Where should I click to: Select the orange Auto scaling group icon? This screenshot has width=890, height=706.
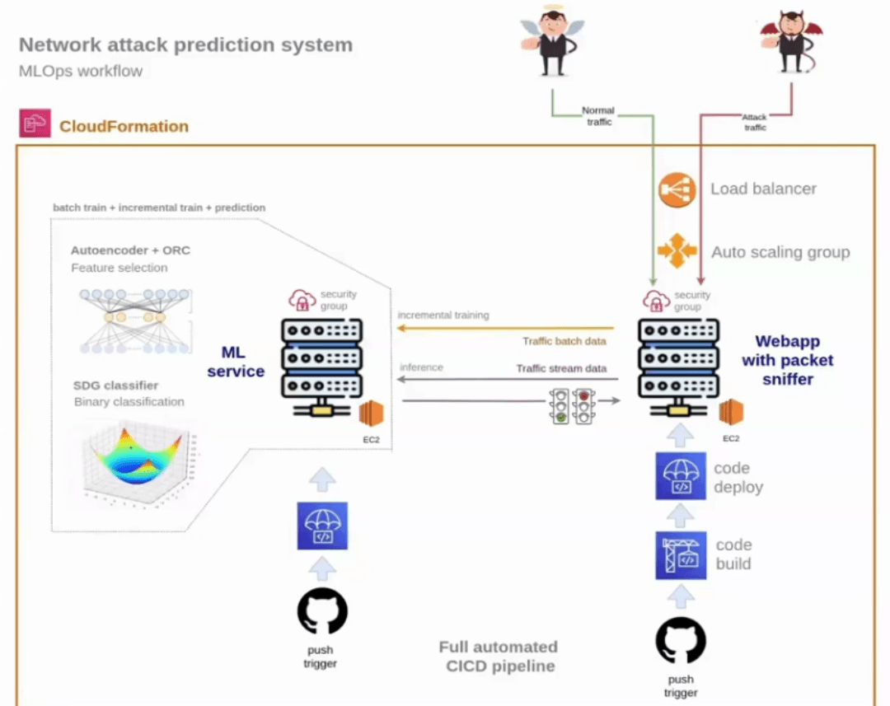(x=677, y=251)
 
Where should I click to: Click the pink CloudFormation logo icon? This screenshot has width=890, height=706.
(x=35, y=124)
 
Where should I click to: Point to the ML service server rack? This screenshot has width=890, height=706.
(x=322, y=362)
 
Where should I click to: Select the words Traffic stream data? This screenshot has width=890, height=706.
(x=561, y=368)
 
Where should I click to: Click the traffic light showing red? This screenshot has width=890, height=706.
(x=585, y=406)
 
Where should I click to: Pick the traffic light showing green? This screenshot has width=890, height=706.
(x=560, y=406)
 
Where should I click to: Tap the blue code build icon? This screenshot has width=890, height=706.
(x=681, y=555)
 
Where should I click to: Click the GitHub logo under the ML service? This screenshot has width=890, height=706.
(x=322, y=610)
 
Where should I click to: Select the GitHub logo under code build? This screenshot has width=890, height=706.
(x=681, y=640)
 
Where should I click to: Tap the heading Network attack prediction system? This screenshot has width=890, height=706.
(x=185, y=44)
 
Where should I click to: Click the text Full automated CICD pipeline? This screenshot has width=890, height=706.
(x=498, y=657)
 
